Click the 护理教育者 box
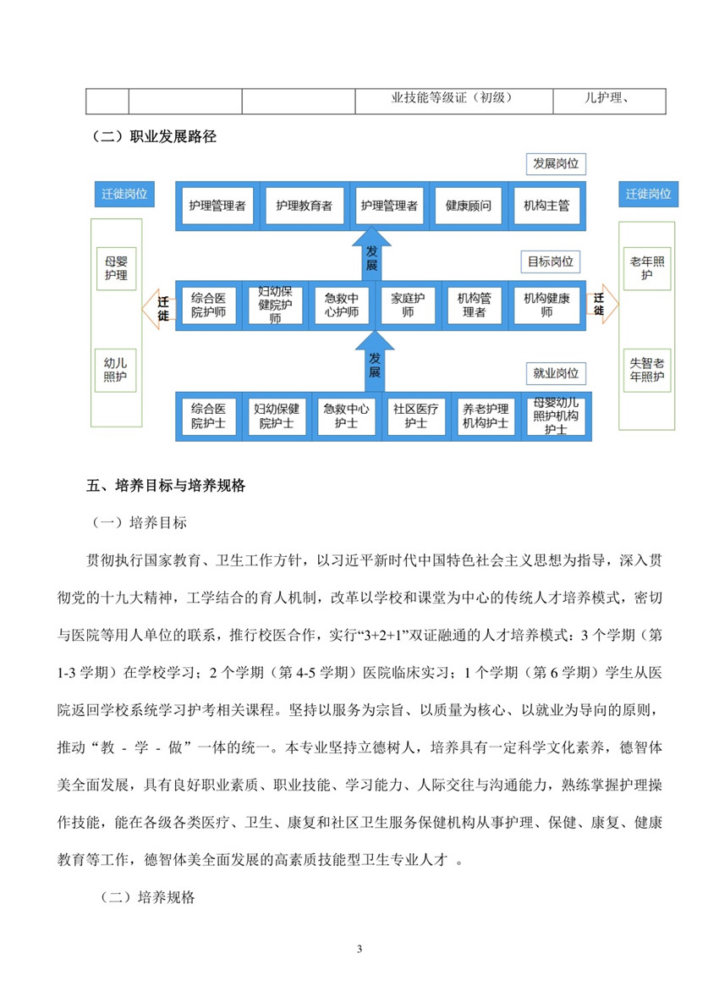pyautogui.click(x=305, y=206)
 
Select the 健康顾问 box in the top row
pyautogui.click(x=468, y=206)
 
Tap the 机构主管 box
pyautogui.click(x=546, y=206)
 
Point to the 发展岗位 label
pyautogui.click(x=556, y=163)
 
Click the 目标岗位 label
pyautogui.click(x=551, y=262)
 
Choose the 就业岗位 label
pyautogui.click(x=556, y=373)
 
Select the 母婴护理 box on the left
pyautogui.click(x=117, y=268)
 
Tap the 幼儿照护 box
pyautogui.click(x=115, y=371)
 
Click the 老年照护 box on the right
pyautogui.click(x=647, y=268)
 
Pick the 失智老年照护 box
pyautogui.click(x=647, y=371)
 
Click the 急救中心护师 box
pyautogui.click(x=341, y=305)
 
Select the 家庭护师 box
pyautogui.click(x=408, y=305)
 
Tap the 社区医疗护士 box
pyautogui.click(x=415, y=416)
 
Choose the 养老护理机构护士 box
pyautogui.click(x=486, y=416)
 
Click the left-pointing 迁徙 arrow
pyautogui.click(x=158, y=308)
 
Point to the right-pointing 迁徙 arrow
pyautogui.click(x=602, y=304)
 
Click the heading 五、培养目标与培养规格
pyautogui.click(x=166, y=486)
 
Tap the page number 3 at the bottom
pyautogui.click(x=359, y=950)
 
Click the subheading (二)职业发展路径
pyautogui.click(x=154, y=136)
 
